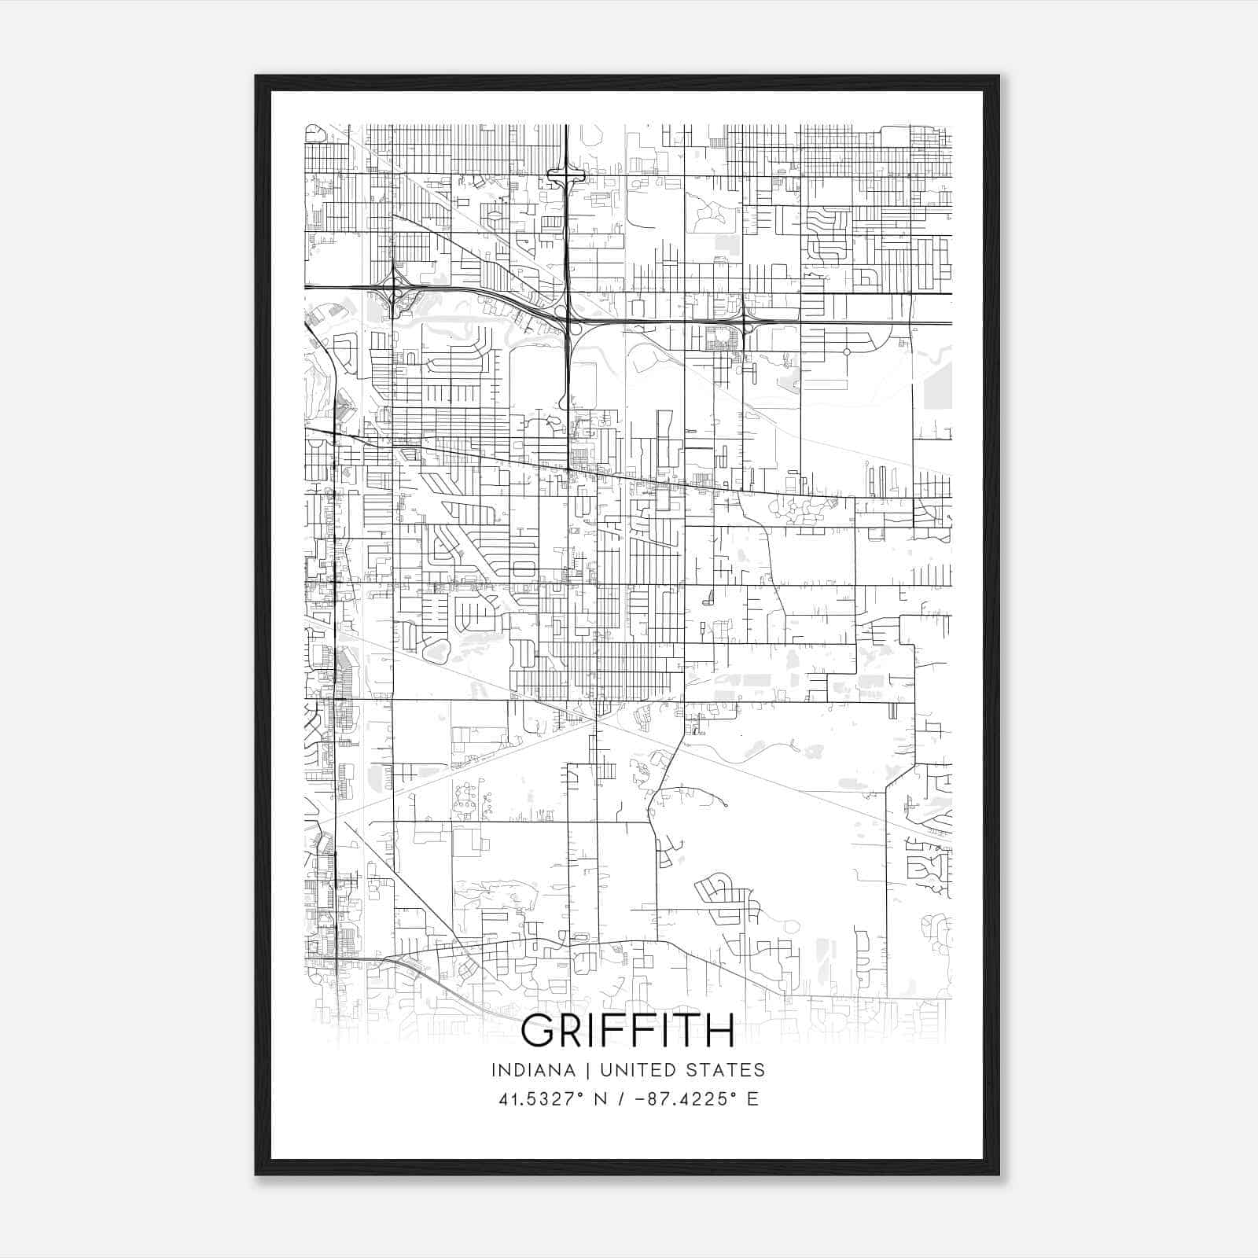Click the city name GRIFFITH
[627, 1031]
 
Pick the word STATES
[726, 1070]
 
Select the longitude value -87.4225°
[679, 1099]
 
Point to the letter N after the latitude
[601, 1099]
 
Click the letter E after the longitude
[752, 1099]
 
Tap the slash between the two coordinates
[621, 1099]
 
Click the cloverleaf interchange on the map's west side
[392, 293]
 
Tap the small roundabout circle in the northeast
[847, 351]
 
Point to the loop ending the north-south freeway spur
[564, 403]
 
